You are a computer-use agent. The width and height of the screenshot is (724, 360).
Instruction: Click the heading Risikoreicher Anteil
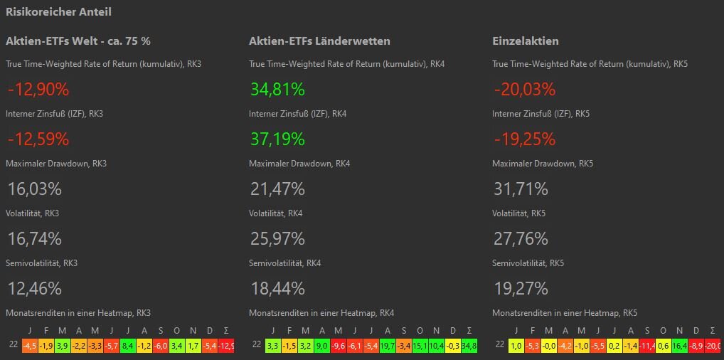coord(58,12)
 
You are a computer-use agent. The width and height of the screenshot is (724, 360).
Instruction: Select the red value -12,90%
coord(38,90)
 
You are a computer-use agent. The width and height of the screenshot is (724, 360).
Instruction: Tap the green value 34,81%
coord(277,90)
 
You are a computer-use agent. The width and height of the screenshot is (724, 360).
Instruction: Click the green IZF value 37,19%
coord(277,139)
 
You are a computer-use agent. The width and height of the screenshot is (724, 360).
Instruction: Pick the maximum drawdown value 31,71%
coord(521,189)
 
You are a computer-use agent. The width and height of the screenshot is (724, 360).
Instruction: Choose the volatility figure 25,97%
coord(277,239)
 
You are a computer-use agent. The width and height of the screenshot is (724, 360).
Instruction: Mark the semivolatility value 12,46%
coord(35,289)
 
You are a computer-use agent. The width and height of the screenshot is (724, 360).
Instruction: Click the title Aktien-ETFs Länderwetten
coord(319,41)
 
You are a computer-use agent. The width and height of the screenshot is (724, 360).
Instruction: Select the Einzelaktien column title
coord(525,41)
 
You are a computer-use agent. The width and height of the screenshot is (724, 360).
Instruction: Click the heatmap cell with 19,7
coord(388,345)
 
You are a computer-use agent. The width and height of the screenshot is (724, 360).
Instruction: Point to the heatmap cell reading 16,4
coord(680,345)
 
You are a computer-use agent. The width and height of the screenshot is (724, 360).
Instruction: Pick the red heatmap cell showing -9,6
coord(339,345)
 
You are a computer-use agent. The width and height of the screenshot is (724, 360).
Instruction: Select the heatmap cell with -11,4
coord(647,345)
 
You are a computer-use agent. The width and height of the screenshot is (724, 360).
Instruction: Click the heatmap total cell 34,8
coord(469,345)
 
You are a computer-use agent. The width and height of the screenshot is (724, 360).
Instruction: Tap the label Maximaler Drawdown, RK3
coord(56,164)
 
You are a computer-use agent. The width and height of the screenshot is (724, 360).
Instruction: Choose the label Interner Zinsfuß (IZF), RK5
coord(542,114)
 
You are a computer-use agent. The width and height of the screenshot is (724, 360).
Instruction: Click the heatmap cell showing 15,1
coord(420,345)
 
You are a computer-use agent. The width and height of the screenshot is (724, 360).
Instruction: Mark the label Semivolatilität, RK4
coord(284,263)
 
